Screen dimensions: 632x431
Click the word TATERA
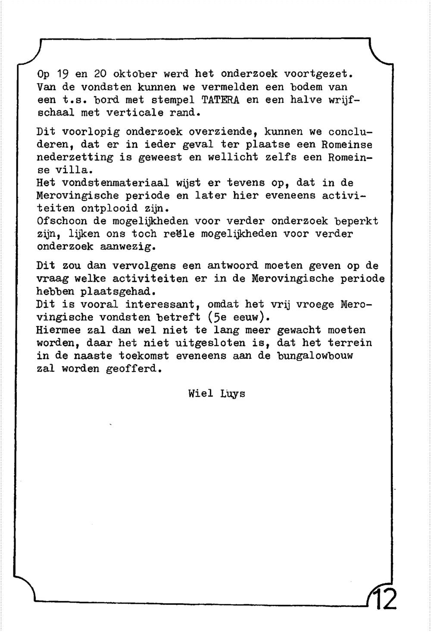[220, 100]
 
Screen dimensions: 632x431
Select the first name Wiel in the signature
[200, 393]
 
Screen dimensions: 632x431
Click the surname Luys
[233, 394]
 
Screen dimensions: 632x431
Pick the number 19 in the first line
[63, 74]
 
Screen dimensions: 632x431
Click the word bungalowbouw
[315, 356]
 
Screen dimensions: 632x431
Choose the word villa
[69, 170]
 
